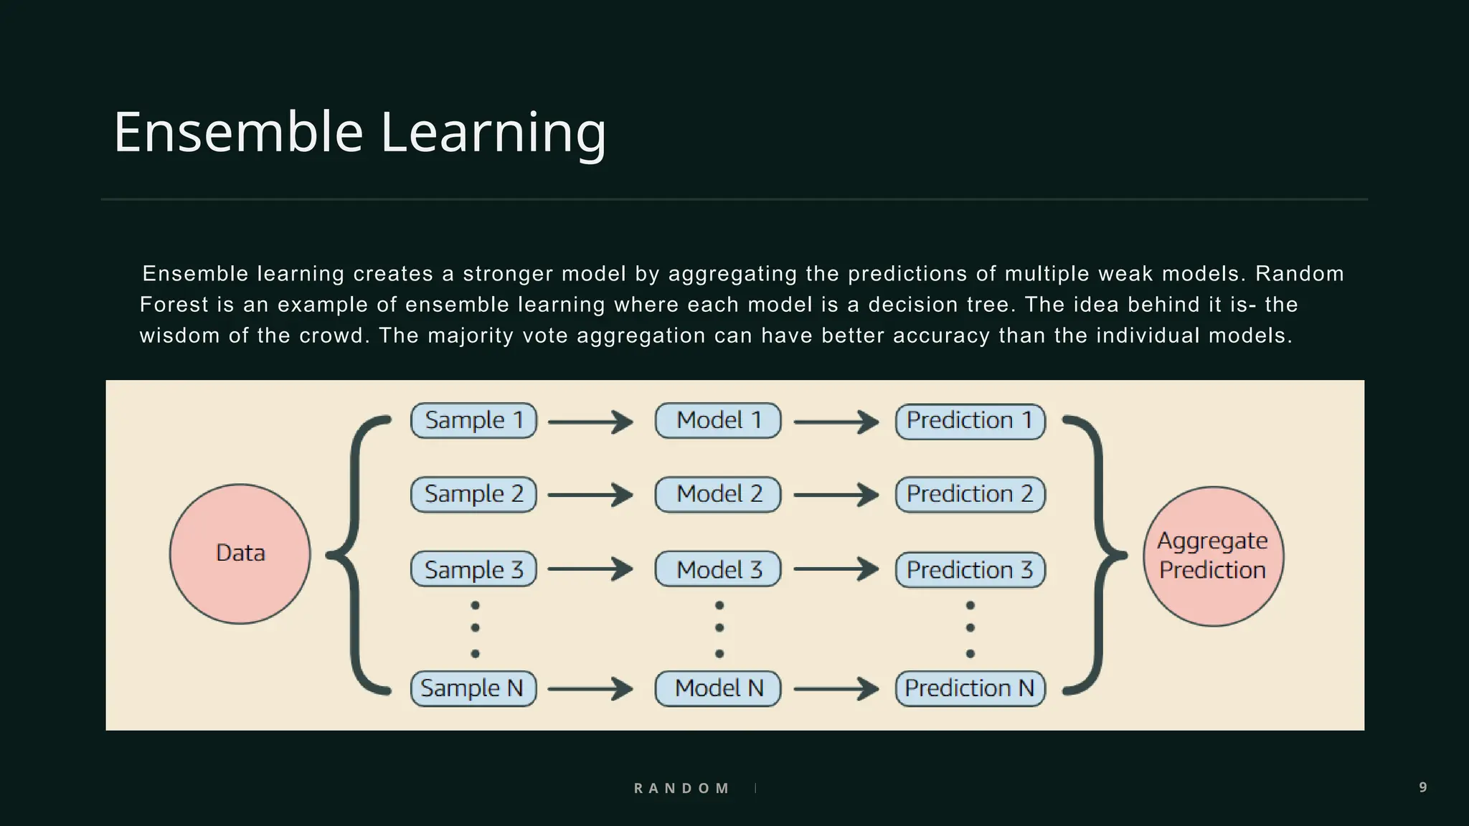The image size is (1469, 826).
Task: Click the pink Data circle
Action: (x=240, y=554)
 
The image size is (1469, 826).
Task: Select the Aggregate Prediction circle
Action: (x=1213, y=556)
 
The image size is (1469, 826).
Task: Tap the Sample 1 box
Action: (x=473, y=421)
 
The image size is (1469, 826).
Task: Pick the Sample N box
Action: (x=473, y=688)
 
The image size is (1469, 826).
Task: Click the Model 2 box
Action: (x=718, y=495)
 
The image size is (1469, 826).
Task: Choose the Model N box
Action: (x=718, y=688)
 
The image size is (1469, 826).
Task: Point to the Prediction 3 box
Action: (x=970, y=570)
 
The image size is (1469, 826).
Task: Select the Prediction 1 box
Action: (x=970, y=421)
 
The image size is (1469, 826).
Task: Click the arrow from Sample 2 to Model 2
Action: (x=590, y=495)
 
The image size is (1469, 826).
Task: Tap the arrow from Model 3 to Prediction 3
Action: (x=836, y=569)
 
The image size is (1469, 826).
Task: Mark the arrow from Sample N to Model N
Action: (x=590, y=689)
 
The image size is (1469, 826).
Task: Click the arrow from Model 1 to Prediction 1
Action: (x=836, y=422)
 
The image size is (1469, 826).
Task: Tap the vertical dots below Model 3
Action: (x=719, y=629)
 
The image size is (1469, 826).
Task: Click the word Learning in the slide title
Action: (x=493, y=133)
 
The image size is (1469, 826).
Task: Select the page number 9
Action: (x=1423, y=787)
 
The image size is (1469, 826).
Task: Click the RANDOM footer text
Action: (x=681, y=788)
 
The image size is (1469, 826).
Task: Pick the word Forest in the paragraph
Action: (x=174, y=305)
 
